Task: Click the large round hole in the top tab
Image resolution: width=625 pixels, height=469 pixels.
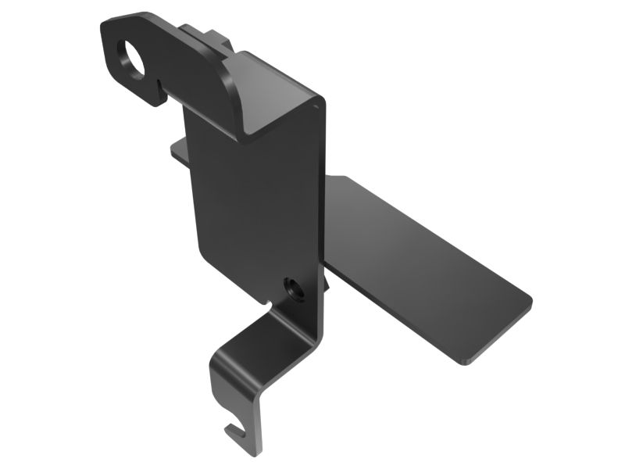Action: tap(132, 59)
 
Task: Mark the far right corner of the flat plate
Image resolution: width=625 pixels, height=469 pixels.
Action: tap(530, 300)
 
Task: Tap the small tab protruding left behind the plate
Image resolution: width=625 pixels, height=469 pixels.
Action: tap(178, 151)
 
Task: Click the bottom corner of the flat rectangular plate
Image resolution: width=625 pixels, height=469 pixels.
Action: tap(463, 362)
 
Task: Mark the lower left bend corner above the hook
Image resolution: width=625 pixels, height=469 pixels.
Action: tap(219, 364)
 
